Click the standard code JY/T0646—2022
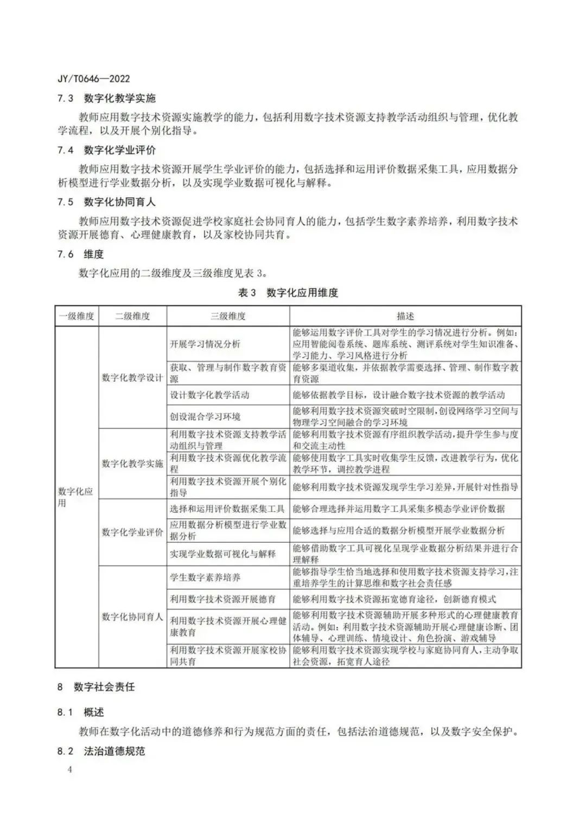click(x=93, y=79)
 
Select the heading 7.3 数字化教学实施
click(x=106, y=98)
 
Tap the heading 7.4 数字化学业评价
click(x=106, y=150)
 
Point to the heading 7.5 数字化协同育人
click(x=106, y=202)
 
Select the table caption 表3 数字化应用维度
click(x=288, y=293)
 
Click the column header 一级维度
click(x=77, y=316)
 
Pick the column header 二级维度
click(x=132, y=316)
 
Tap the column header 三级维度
click(x=228, y=316)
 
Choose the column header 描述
click(x=405, y=316)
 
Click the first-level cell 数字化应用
click(x=76, y=497)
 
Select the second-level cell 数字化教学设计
click(x=132, y=377)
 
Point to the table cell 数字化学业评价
click(x=132, y=532)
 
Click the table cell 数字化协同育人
click(x=132, y=617)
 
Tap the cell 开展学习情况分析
click(x=205, y=344)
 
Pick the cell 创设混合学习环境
click(x=205, y=416)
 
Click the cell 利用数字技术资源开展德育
click(x=222, y=599)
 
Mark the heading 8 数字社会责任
click(x=96, y=687)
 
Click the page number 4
click(x=69, y=770)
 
